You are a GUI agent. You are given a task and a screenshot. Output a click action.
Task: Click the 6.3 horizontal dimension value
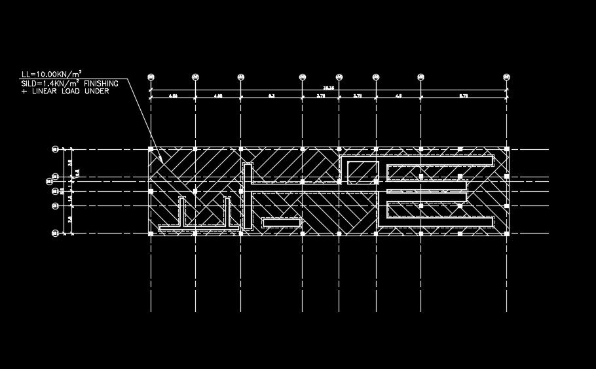(x=271, y=96)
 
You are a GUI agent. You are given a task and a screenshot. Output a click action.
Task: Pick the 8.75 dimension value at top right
(x=464, y=96)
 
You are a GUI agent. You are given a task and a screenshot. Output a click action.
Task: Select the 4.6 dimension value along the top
(x=398, y=96)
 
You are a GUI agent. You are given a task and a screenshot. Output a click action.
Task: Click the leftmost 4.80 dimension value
(x=173, y=96)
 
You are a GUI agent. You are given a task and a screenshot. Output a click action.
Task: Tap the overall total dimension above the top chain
(x=328, y=88)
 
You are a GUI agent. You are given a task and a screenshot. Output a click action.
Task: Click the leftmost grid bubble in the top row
(x=151, y=77)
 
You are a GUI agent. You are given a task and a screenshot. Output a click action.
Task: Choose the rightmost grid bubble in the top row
(x=507, y=77)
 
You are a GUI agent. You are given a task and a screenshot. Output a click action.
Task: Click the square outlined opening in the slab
(x=363, y=171)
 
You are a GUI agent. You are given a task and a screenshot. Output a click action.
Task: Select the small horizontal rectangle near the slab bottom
(x=281, y=222)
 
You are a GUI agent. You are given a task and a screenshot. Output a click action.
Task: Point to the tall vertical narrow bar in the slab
(x=248, y=196)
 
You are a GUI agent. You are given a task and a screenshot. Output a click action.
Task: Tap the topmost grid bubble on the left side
(x=55, y=149)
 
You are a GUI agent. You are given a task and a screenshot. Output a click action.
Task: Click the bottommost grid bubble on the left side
(x=55, y=233)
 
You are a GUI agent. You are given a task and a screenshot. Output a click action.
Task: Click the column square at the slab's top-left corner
(x=151, y=149)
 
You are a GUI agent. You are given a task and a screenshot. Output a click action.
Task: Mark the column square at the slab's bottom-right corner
(x=507, y=233)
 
